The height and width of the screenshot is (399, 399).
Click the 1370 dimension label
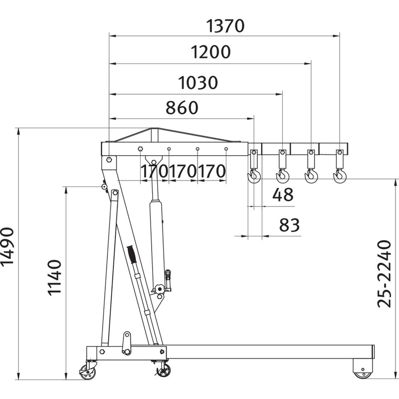tap(225, 26)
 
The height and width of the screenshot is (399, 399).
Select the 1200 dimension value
tap(210, 52)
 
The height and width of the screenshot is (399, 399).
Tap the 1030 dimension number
tap(198, 83)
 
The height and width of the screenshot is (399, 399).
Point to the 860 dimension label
tap(182, 107)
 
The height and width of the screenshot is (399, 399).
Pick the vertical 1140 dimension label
tap(55, 278)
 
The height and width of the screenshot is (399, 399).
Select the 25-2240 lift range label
tap(384, 274)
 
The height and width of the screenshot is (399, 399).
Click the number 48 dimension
tap(283, 195)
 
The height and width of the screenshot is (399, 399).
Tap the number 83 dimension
tap(289, 225)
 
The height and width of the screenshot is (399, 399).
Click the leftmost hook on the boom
tap(254, 176)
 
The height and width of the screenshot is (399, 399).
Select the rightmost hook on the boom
tap(340, 176)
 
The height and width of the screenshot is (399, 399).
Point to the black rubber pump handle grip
tap(132, 254)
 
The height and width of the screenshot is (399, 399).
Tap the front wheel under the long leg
tap(363, 375)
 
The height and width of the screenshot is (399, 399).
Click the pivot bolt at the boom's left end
tap(109, 160)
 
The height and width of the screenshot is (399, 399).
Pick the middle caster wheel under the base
tap(164, 370)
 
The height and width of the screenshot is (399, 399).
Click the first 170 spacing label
tap(155, 171)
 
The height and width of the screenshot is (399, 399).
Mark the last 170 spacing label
tap(211, 171)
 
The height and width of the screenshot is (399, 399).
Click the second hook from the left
tap(282, 176)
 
